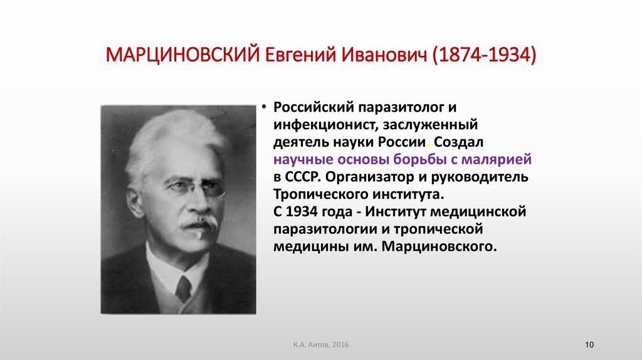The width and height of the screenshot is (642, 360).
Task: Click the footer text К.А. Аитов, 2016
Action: pyautogui.click(x=320, y=346)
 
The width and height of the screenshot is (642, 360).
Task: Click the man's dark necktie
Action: pyautogui.click(x=183, y=289)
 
